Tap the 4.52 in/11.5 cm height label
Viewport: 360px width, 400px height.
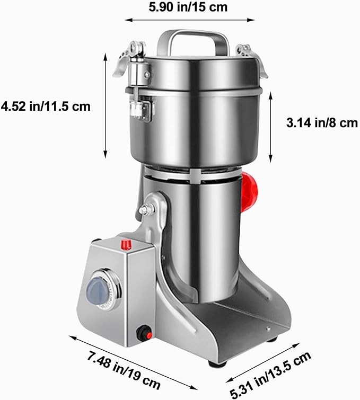[46, 106]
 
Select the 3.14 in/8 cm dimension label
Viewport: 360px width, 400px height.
[322, 123]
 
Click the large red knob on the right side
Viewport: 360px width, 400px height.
[249, 191]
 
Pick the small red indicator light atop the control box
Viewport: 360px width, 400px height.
[126, 244]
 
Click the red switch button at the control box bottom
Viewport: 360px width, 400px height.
[144, 334]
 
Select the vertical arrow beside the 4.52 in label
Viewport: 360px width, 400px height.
[106, 105]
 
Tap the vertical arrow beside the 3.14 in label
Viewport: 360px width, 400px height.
[271, 127]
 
